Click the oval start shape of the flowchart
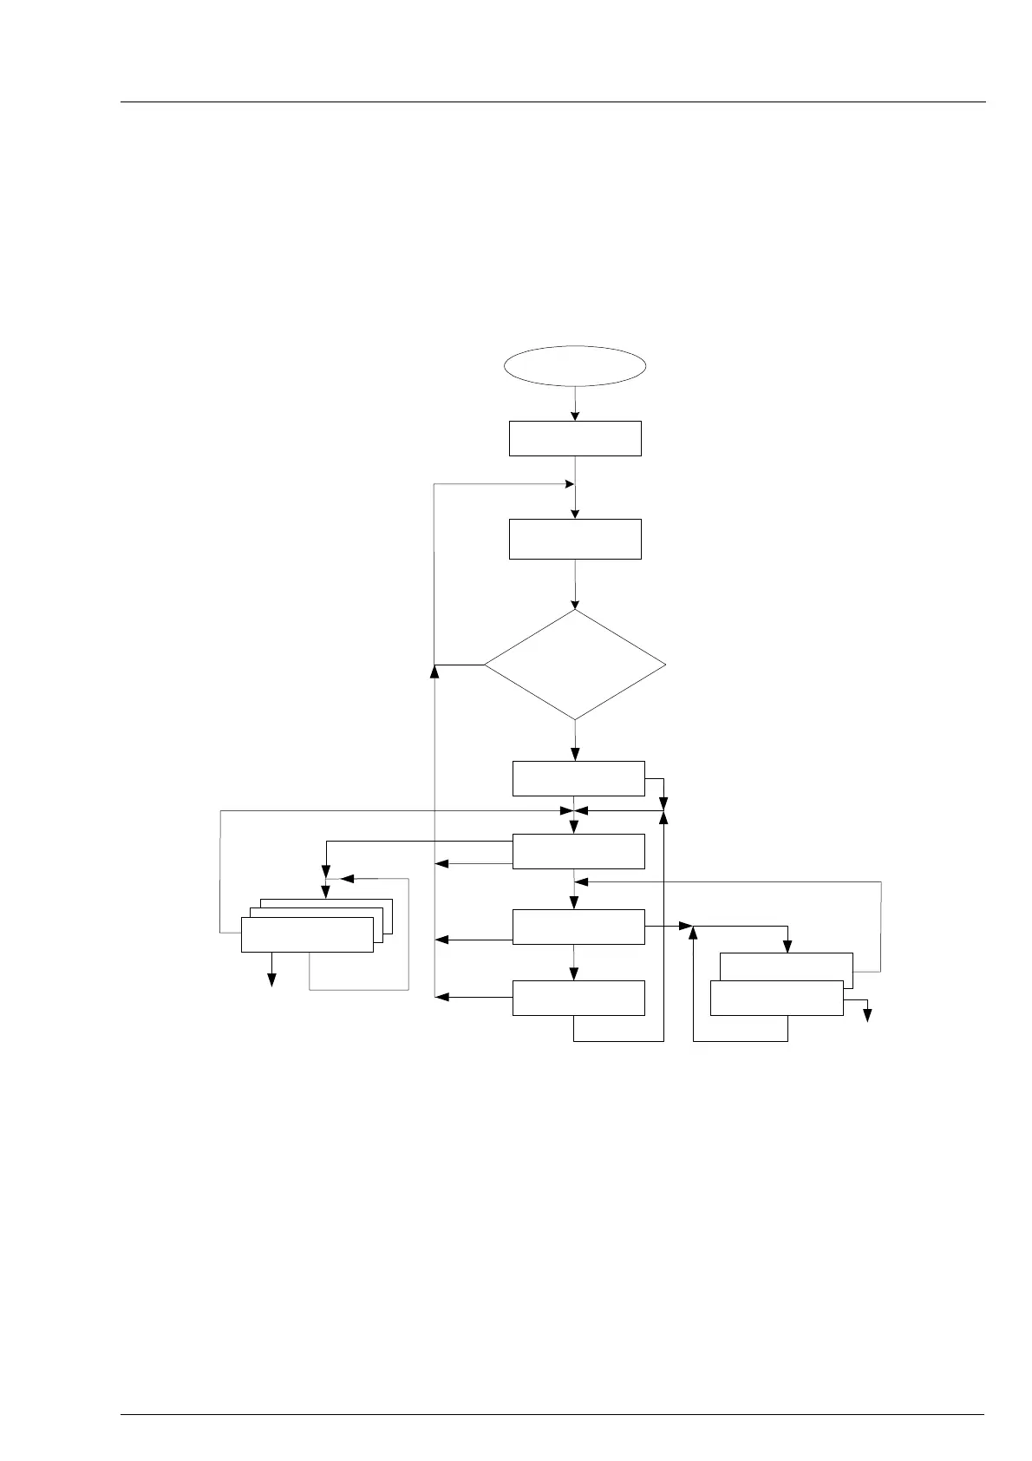575,365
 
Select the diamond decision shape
575,665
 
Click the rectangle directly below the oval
575,438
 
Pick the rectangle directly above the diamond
575,539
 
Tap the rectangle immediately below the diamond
578,778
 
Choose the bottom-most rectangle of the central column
578,998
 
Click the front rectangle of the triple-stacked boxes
307,934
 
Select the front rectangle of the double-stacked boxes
776,998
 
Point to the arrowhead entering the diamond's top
575,604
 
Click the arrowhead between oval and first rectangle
575,416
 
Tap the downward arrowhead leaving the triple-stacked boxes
271,980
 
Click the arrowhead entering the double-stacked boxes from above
787,947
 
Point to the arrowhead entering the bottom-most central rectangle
574,975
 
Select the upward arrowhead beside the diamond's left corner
434,670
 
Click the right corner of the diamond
666,665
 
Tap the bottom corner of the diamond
575,719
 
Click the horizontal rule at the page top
552,102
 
